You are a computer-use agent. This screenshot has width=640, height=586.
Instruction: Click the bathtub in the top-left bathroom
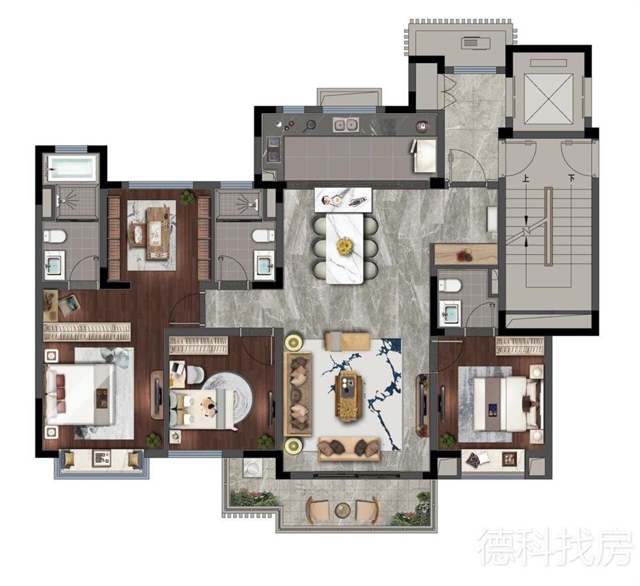pos(72,167)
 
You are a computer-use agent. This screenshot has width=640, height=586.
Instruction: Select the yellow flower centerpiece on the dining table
pos(344,246)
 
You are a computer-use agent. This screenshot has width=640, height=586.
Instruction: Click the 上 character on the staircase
pos(525,179)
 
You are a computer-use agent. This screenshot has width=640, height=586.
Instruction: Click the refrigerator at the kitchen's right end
pos(425,155)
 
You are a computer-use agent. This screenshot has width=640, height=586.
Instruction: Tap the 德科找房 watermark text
pos(556,546)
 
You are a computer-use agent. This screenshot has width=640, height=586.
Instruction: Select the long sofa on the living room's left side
pos(298,393)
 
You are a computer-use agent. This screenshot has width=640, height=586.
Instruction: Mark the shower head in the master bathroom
pos(63,200)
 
